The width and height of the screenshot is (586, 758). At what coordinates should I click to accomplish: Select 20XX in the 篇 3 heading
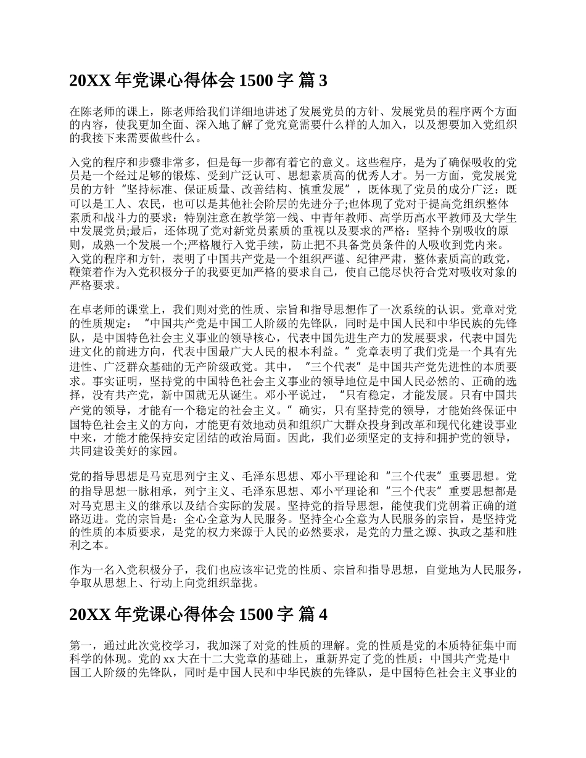coord(89,81)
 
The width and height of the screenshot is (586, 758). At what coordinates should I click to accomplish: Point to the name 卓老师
coord(98,309)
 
